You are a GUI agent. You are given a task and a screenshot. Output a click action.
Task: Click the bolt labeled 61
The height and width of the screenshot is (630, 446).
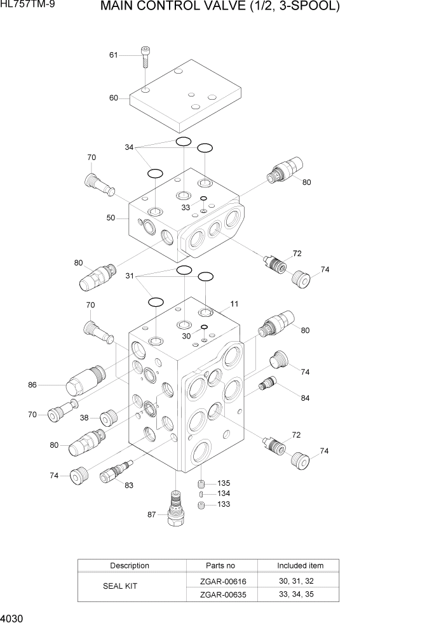(x=145, y=58)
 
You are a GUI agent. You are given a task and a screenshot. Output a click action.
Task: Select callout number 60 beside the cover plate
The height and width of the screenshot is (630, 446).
(x=114, y=98)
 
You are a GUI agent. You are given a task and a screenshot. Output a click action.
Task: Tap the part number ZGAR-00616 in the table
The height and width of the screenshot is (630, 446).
(x=221, y=581)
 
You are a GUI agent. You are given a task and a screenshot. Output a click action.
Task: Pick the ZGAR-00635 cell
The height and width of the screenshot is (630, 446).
(x=221, y=594)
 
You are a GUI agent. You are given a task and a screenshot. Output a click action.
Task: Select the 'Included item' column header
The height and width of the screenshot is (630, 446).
(x=300, y=565)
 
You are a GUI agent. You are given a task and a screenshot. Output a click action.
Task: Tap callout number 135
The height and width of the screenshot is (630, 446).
(x=224, y=483)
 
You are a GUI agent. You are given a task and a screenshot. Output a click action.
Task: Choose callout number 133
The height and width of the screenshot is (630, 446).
(x=224, y=504)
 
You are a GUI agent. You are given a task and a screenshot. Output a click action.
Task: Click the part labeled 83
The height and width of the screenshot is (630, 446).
(x=114, y=473)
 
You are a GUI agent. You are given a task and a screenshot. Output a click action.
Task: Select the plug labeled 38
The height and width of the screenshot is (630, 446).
(x=107, y=417)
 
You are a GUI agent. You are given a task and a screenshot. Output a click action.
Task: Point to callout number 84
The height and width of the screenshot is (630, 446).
(x=305, y=398)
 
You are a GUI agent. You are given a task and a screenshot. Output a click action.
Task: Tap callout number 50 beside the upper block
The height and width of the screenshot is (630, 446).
(x=111, y=217)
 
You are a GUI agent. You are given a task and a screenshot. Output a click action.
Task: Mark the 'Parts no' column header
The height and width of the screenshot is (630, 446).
(x=221, y=565)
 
